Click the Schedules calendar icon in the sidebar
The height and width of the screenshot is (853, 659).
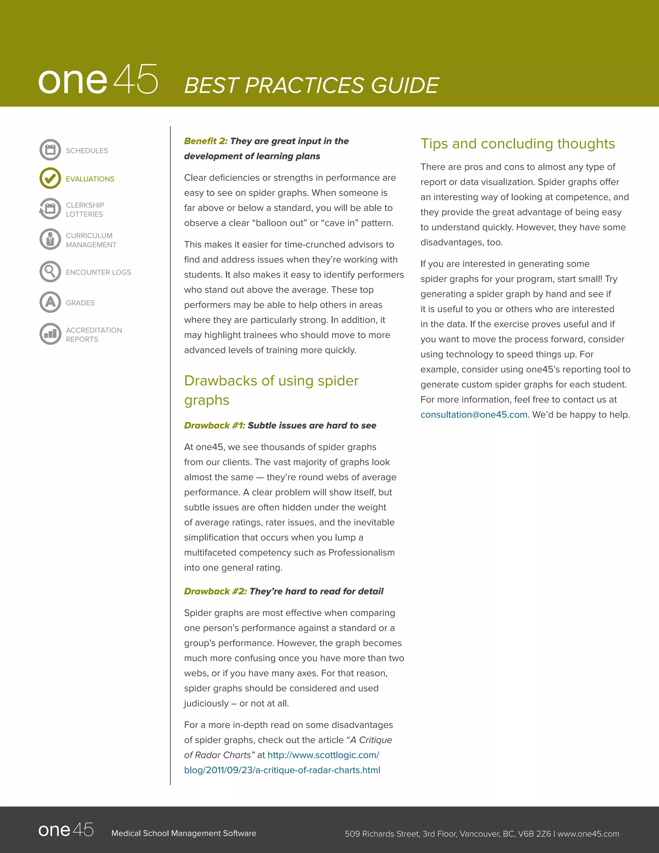pyautogui.click(x=50, y=150)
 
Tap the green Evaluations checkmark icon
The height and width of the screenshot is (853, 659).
pyautogui.click(x=50, y=179)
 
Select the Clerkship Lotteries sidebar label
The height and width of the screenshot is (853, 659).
pyautogui.click(x=85, y=210)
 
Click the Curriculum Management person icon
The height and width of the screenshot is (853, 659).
pyautogui.click(x=50, y=239)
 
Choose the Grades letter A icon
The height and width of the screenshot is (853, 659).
pyautogui.click(x=50, y=302)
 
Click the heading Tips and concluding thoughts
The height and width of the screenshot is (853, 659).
pyautogui.click(x=517, y=144)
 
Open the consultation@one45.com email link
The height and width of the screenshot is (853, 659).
pyautogui.click(x=474, y=415)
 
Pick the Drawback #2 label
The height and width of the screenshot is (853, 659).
pyautogui.click(x=215, y=591)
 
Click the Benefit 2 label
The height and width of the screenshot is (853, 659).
pyautogui.click(x=205, y=141)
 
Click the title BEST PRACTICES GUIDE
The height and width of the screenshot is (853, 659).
pyautogui.click(x=311, y=86)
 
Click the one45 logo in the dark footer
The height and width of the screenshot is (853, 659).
pyautogui.click(x=66, y=830)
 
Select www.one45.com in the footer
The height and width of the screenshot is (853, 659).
pyautogui.click(x=588, y=834)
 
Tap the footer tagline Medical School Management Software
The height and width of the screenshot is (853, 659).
pyautogui.click(x=183, y=833)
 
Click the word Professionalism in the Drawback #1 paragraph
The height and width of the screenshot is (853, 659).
pyautogui.click(x=361, y=553)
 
